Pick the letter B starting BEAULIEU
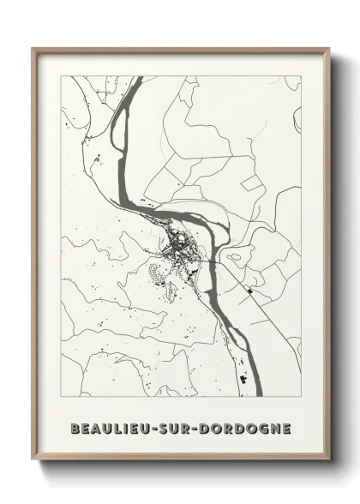pos(76,427)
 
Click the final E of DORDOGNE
pos(285,427)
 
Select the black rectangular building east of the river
pos(249,293)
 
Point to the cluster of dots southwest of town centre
pos(155,274)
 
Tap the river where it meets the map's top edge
pos(137,78)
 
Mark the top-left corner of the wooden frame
pos(33,49)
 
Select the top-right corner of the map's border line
pos(301,76)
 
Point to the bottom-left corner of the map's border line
pos(61,397)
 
